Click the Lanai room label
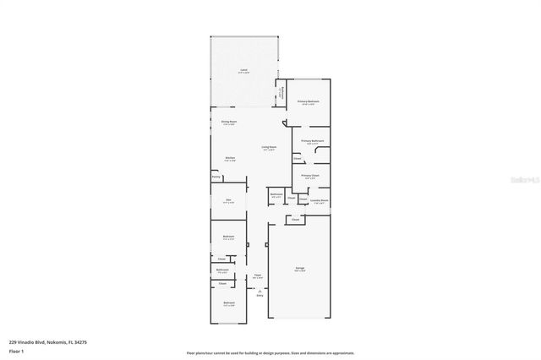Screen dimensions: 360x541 [x=243, y=69]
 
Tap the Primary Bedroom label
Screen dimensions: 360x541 [x=308, y=101]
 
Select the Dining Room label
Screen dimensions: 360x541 [x=228, y=122]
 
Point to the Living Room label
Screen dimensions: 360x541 [x=269, y=148]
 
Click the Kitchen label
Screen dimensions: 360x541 [x=229, y=157]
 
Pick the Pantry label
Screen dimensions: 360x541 [x=216, y=177]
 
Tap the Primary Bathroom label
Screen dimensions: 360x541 [x=313, y=140]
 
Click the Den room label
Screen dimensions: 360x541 [x=228, y=199]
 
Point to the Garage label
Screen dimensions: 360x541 [x=299, y=269]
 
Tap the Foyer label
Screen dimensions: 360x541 [x=258, y=275]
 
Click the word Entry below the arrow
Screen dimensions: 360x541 [x=260, y=295]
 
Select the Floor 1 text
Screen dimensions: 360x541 [x=16, y=351]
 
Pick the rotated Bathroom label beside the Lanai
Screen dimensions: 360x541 [x=282, y=92]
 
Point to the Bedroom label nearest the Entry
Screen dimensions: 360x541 [x=228, y=303]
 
